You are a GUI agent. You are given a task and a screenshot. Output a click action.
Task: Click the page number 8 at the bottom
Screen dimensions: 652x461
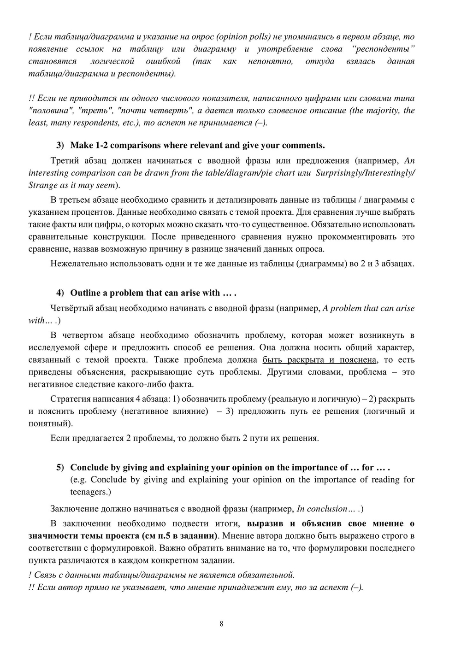222,624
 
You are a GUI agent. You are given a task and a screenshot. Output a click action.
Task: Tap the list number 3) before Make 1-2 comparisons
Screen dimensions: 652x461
60,145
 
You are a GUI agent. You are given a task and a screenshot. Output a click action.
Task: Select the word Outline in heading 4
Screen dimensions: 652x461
85,293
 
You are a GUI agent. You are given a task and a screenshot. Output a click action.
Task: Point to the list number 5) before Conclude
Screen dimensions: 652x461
60,467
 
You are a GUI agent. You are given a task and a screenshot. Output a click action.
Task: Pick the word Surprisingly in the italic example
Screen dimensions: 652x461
338,173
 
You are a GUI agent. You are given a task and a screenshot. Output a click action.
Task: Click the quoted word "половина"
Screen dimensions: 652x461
51,111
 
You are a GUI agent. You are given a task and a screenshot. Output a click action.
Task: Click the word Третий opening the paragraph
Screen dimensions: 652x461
65,161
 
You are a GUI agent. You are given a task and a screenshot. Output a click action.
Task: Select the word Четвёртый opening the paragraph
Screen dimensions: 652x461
72,308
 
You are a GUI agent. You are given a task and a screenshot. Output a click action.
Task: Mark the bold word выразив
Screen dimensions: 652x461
266,523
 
